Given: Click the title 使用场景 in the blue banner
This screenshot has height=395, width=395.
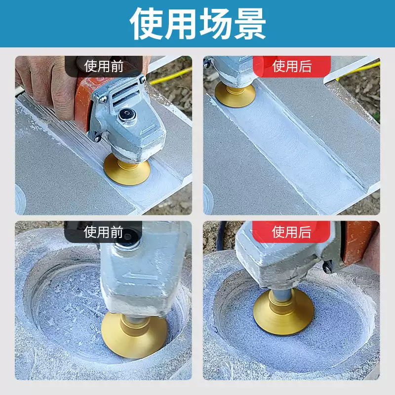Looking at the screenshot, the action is (x=198, y=24).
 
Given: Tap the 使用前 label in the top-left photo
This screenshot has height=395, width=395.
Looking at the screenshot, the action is (x=104, y=66).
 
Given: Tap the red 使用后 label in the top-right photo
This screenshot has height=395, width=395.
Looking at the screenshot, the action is (x=292, y=66).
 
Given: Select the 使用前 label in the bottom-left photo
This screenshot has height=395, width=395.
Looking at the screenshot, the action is (x=103, y=232).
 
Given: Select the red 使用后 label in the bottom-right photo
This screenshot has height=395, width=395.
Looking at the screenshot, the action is (x=291, y=232).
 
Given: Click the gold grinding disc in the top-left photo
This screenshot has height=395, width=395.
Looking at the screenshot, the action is (x=127, y=170).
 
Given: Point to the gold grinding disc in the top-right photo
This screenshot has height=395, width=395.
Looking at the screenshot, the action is (x=235, y=95).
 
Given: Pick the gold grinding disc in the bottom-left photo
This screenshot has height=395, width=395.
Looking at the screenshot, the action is (x=134, y=336).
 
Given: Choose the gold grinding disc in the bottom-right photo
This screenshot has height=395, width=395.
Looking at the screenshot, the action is (x=283, y=313).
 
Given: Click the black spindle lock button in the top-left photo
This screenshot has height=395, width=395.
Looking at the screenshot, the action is (x=127, y=115).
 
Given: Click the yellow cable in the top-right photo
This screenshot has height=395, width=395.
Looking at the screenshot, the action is (x=357, y=70).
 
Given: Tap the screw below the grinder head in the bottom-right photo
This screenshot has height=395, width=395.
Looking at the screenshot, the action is (x=327, y=267).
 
